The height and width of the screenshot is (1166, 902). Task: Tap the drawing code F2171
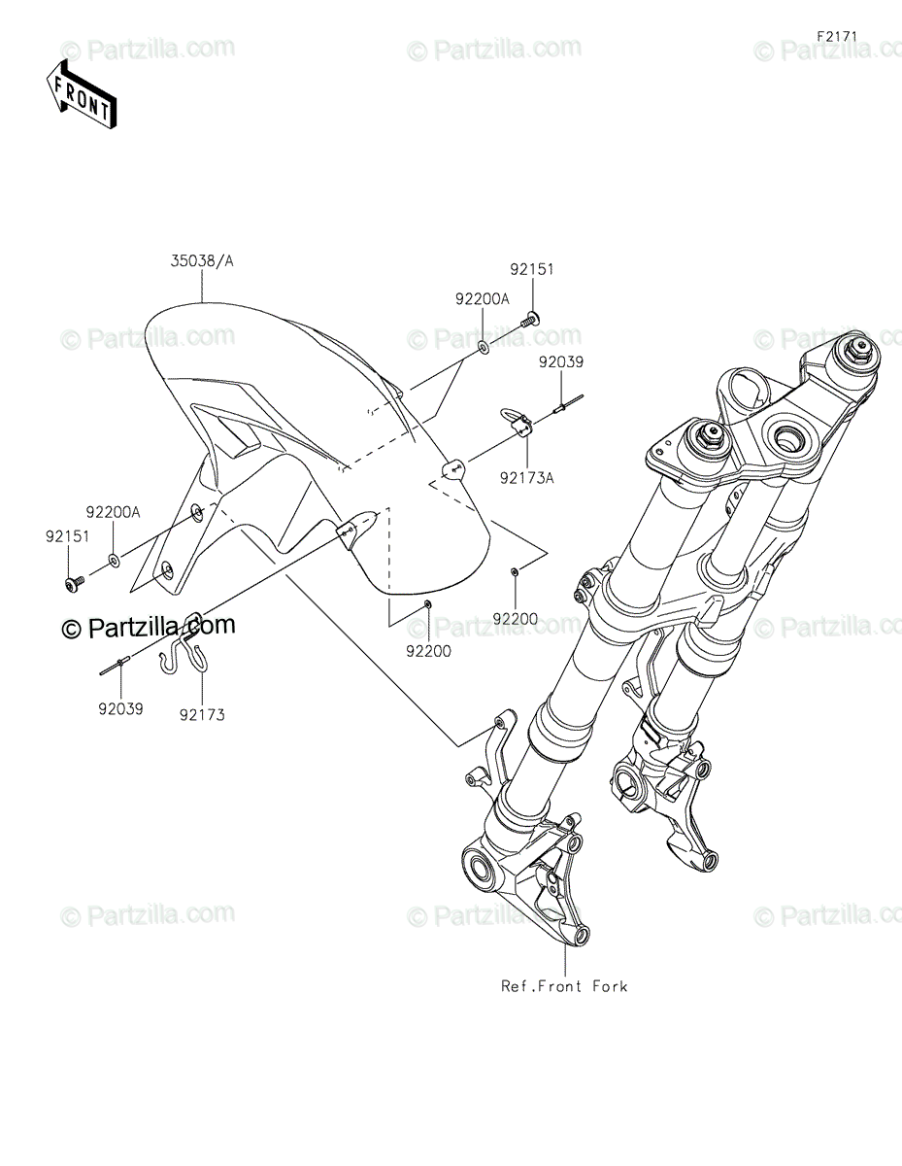[x=837, y=36]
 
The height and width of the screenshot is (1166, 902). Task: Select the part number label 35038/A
[x=202, y=260]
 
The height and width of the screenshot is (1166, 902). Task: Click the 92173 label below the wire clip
[x=202, y=714]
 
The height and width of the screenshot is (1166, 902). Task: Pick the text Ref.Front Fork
[x=564, y=986]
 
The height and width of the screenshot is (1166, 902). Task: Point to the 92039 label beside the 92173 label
[x=120, y=709]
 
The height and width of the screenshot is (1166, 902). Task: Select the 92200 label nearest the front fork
[x=514, y=618]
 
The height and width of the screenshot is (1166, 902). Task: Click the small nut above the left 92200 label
[x=427, y=605]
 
